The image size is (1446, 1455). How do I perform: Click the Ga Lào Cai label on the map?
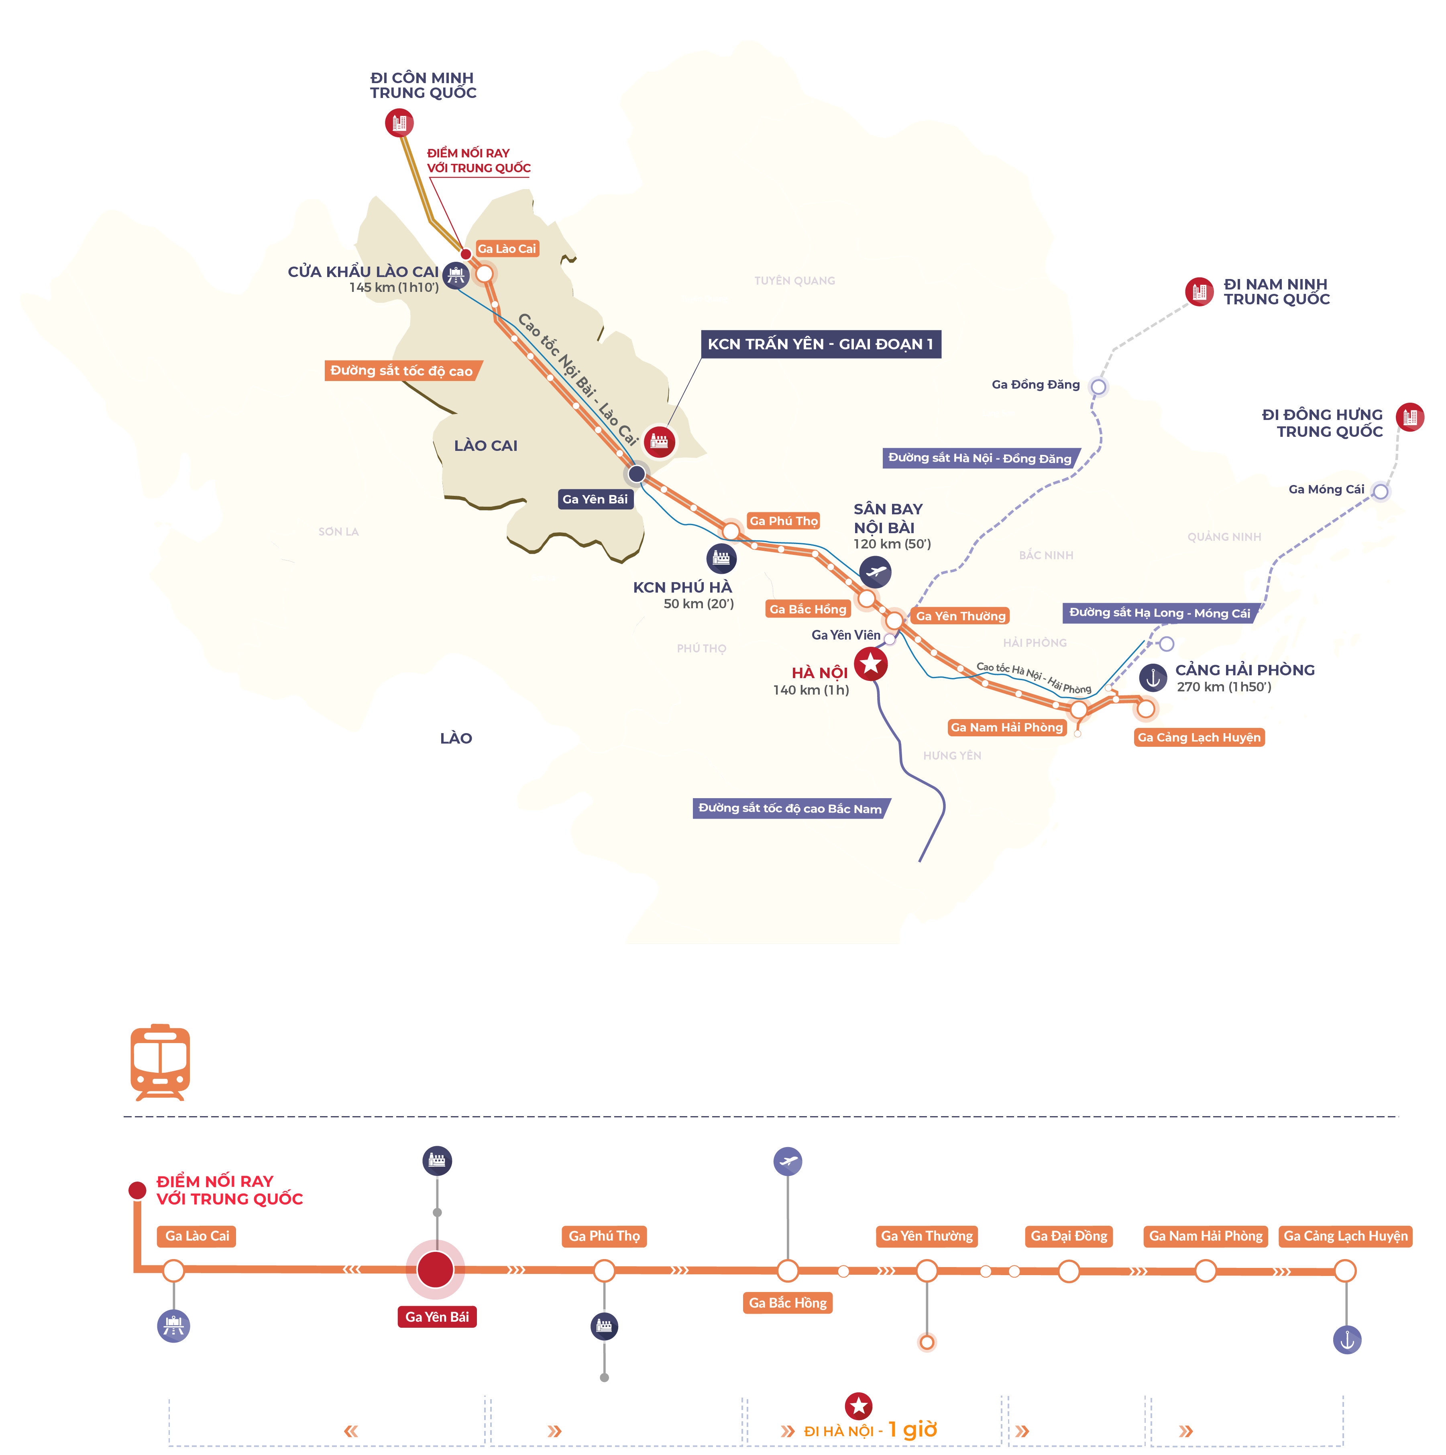[507, 249]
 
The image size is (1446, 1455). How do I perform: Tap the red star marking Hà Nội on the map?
[871, 664]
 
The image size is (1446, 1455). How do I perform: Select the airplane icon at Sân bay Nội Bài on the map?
[875, 572]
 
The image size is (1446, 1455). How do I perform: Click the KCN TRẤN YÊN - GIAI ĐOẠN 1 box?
[820, 344]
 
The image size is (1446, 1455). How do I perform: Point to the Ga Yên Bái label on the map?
[595, 499]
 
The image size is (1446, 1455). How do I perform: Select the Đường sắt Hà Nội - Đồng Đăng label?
[980, 459]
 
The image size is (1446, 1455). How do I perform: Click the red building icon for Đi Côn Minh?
[399, 122]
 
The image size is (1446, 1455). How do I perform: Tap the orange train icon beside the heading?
[160, 1062]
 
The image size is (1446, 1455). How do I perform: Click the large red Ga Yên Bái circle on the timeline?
[435, 1270]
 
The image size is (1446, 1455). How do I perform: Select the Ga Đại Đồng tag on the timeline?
[1069, 1236]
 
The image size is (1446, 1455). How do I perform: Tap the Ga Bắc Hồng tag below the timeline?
[788, 1303]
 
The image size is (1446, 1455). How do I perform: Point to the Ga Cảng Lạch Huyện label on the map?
[1199, 737]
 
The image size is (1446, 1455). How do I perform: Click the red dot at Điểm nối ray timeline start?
[137, 1190]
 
